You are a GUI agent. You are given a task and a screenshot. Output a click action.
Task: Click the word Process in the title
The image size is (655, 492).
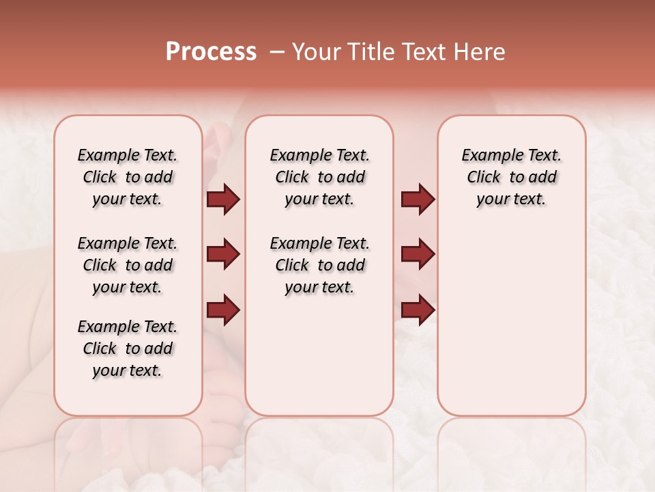coord(211,52)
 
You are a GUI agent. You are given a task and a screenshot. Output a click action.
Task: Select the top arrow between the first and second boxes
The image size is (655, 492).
coord(223,200)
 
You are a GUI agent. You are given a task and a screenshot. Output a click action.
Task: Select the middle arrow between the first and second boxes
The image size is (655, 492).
coord(223,255)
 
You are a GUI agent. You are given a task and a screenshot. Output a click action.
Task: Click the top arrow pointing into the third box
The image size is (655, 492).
coord(418,200)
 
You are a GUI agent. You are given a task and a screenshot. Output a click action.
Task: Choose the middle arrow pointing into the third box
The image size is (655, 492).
coord(418,255)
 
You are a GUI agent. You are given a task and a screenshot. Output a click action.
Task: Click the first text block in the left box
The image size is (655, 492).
coord(128,177)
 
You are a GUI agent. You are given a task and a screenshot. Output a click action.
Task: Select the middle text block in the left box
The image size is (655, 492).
coord(128,265)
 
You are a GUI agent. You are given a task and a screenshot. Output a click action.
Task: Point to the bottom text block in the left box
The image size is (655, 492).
coord(128,348)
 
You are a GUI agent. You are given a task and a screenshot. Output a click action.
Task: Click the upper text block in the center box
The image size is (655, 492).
coord(319,177)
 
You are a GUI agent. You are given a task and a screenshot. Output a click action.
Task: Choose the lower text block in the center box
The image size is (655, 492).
coord(319,265)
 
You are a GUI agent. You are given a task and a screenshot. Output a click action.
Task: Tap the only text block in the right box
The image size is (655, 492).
coord(511,177)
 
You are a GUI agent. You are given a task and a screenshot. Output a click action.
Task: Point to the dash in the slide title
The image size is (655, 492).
coord(276,52)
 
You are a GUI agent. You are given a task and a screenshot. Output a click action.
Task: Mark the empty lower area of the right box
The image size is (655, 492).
coord(511,321)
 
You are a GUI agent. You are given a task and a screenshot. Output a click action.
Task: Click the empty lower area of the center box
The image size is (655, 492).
coord(319,355)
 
